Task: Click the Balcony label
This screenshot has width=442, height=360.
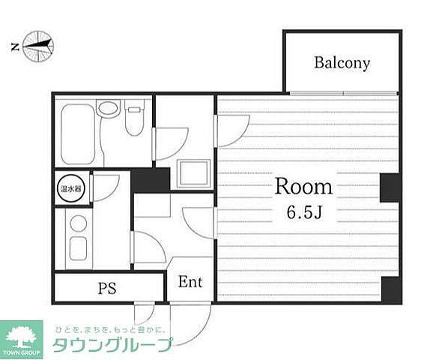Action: [342, 63]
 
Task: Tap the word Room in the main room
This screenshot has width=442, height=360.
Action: [303, 186]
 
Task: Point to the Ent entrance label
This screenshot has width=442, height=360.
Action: [190, 283]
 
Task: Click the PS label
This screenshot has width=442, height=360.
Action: [108, 287]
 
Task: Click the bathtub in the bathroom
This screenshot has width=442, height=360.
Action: [76, 133]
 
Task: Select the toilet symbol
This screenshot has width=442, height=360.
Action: [135, 121]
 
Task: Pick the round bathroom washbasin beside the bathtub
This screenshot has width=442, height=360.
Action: [108, 108]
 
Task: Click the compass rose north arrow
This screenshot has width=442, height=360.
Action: [39, 46]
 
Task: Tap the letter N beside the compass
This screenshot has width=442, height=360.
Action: [14, 47]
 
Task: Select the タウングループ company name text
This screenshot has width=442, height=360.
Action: [112, 344]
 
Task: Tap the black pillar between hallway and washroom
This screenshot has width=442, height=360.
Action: [151, 181]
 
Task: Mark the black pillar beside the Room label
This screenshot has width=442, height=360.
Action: [390, 187]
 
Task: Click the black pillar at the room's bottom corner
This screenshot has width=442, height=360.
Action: [390, 289]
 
